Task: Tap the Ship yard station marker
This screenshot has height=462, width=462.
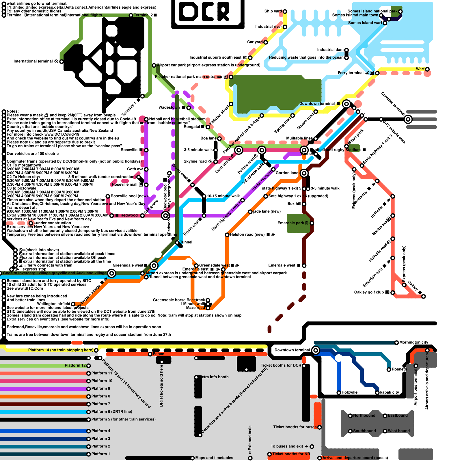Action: (x=285, y=12)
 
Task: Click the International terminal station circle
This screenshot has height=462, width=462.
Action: (x=62, y=62)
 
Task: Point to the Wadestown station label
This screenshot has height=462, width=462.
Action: (x=169, y=107)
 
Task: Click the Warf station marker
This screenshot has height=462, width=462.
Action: (x=427, y=69)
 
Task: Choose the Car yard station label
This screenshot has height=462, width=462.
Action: (x=255, y=42)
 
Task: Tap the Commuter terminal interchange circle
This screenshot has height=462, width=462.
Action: (x=408, y=119)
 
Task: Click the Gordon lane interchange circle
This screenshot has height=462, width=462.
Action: (x=304, y=173)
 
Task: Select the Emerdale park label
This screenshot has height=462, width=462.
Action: (x=291, y=223)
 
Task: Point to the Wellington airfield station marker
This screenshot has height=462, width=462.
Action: (x=73, y=304)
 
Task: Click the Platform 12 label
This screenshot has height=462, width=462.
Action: (x=75, y=365)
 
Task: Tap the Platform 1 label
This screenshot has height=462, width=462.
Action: (x=101, y=454)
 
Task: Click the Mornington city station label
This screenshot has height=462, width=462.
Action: (x=414, y=342)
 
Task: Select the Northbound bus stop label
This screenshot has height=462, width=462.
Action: (x=364, y=415)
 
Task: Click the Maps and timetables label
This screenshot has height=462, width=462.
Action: (x=214, y=458)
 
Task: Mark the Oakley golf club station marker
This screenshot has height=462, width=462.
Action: (x=393, y=293)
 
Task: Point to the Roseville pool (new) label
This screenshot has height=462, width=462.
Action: (x=129, y=196)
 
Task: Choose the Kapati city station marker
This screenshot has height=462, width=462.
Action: (x=377, y=393)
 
